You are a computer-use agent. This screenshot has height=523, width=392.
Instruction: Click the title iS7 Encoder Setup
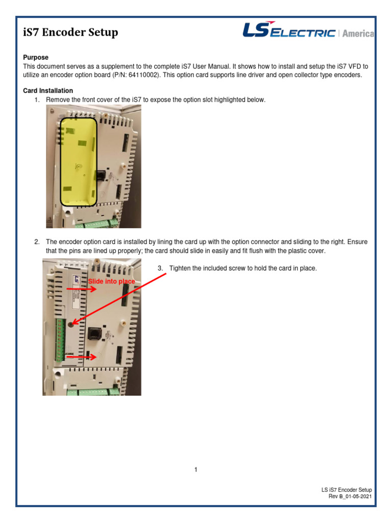[71, 33]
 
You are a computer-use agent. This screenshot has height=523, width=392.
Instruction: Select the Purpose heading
[36, 58]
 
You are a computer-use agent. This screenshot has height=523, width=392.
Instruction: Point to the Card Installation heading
[48, 91]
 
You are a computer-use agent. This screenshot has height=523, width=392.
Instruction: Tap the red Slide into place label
[112, 281]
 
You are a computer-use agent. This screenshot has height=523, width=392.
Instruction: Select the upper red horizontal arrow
[82, 289]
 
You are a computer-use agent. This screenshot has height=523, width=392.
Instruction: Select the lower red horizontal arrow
[82, 358]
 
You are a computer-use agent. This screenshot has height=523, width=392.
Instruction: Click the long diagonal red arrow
[120, 298]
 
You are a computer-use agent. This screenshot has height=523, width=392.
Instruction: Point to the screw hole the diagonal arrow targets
[70, 323]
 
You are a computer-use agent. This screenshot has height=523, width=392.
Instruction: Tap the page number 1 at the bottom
[195, 470]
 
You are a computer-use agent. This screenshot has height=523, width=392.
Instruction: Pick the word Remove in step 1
[57, 100]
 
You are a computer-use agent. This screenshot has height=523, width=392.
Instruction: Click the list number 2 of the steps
[37, 241]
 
